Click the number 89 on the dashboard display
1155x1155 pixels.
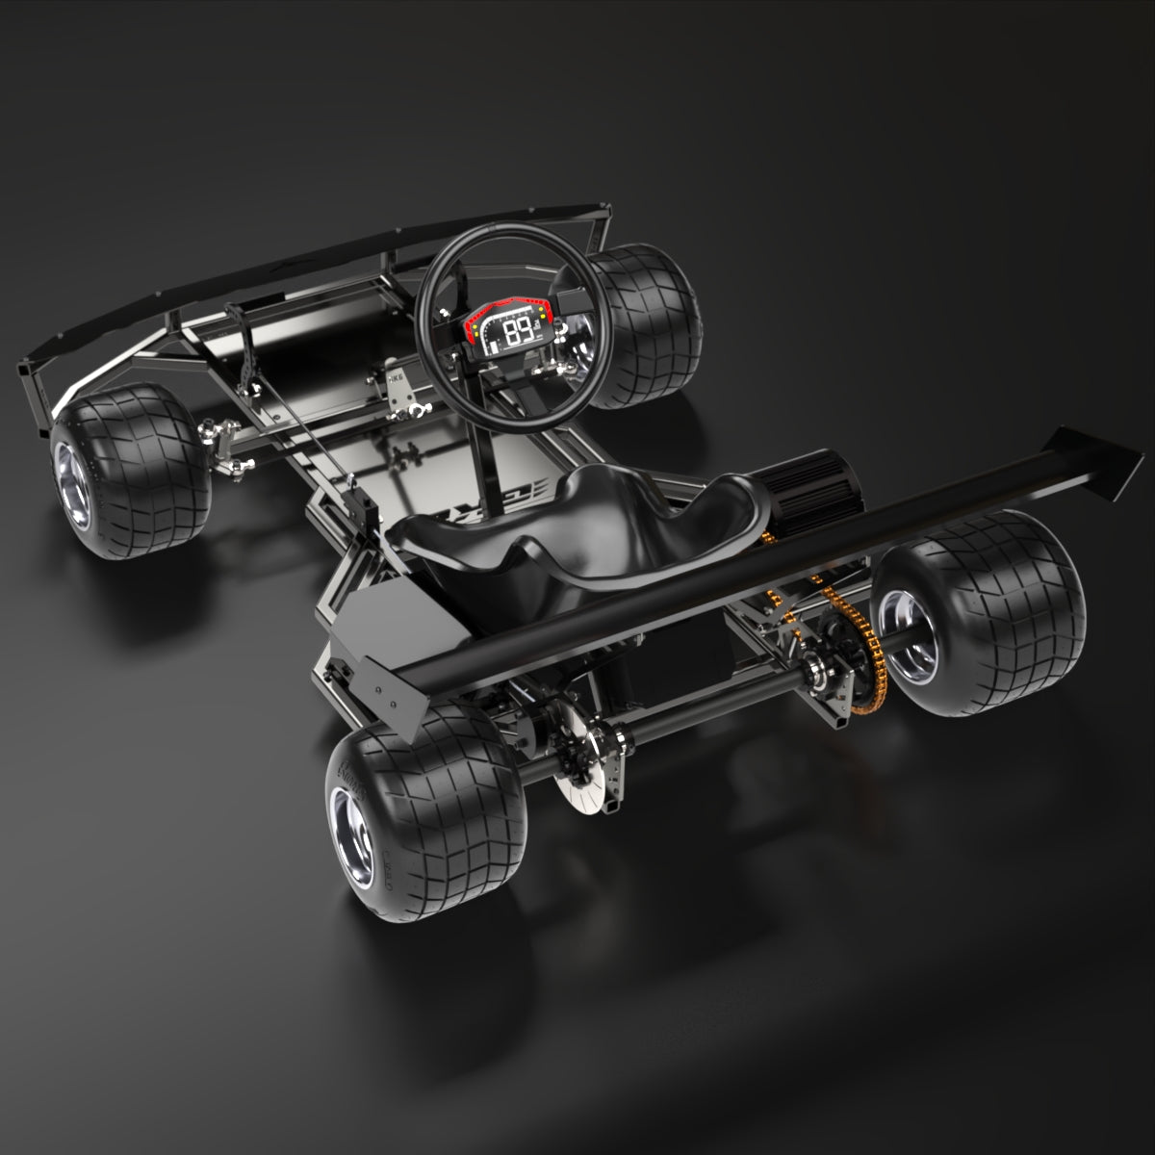[521, 333]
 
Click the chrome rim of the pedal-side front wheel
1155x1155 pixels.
[72, 482]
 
